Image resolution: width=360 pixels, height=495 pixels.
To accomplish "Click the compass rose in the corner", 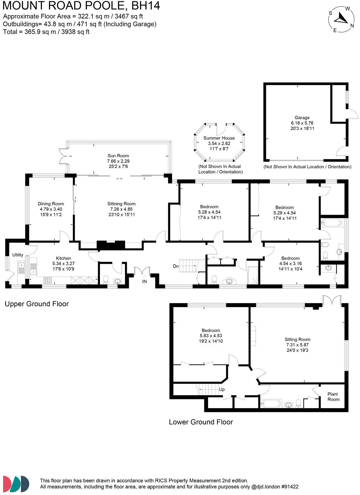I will coord(341,19).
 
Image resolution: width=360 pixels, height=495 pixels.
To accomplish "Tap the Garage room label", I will coord(302,118).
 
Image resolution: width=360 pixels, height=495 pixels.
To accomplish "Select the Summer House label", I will coord(219,138).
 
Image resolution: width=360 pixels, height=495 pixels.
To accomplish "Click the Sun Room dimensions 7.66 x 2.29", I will coord(118,161).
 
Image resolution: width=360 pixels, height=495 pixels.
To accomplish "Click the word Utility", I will coord(18,255).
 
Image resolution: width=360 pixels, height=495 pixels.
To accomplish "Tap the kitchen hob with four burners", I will coord(48,280).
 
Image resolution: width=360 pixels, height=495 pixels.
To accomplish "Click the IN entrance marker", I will coord(144,281).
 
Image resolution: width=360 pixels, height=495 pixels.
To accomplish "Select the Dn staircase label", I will coord(176,267).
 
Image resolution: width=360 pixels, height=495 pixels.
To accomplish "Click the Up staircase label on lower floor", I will coord(222,389).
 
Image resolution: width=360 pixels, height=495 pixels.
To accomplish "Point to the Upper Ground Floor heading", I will coord(37,304).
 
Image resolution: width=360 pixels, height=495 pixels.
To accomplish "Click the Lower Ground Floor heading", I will coord(201,422).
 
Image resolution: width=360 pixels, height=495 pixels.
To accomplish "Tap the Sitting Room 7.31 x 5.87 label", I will coord(297,345).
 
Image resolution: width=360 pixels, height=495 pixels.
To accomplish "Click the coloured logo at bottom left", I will coord(16,483).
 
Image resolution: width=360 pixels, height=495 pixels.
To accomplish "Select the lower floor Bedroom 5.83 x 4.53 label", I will coord(211,336).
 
